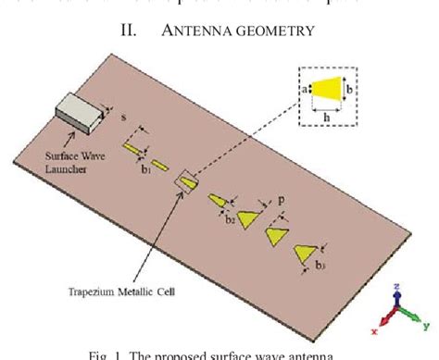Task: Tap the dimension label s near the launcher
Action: (x=124, y=117)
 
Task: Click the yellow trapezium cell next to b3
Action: (x=305, y=253)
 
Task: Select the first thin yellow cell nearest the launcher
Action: (x=136, y=149)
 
